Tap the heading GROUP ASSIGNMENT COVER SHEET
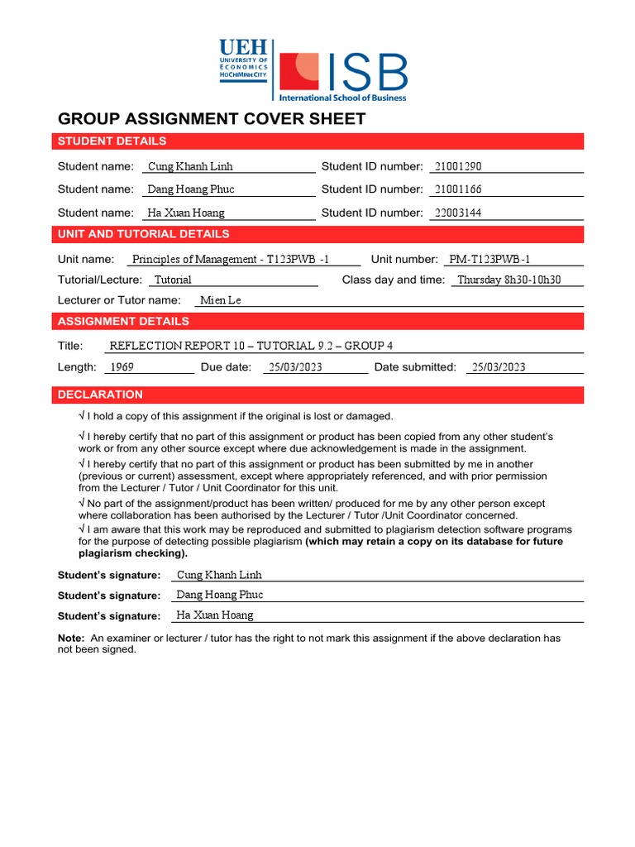coord(211,118)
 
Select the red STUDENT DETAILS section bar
coord(319,141)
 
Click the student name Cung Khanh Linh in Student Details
coord(190,166)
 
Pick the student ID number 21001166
coord(458,189)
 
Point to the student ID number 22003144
coord(458,213)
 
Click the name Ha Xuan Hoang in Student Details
coord(187,213)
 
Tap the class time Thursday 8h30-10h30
coord(509,280)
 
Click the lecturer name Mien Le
coord(221,300)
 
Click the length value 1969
coord(122,367)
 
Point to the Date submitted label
coord(415,367)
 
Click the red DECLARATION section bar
coord(319,395)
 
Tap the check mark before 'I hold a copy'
coord(81,416)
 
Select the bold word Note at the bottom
coord(70,639)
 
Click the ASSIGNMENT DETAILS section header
coord(319,322)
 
